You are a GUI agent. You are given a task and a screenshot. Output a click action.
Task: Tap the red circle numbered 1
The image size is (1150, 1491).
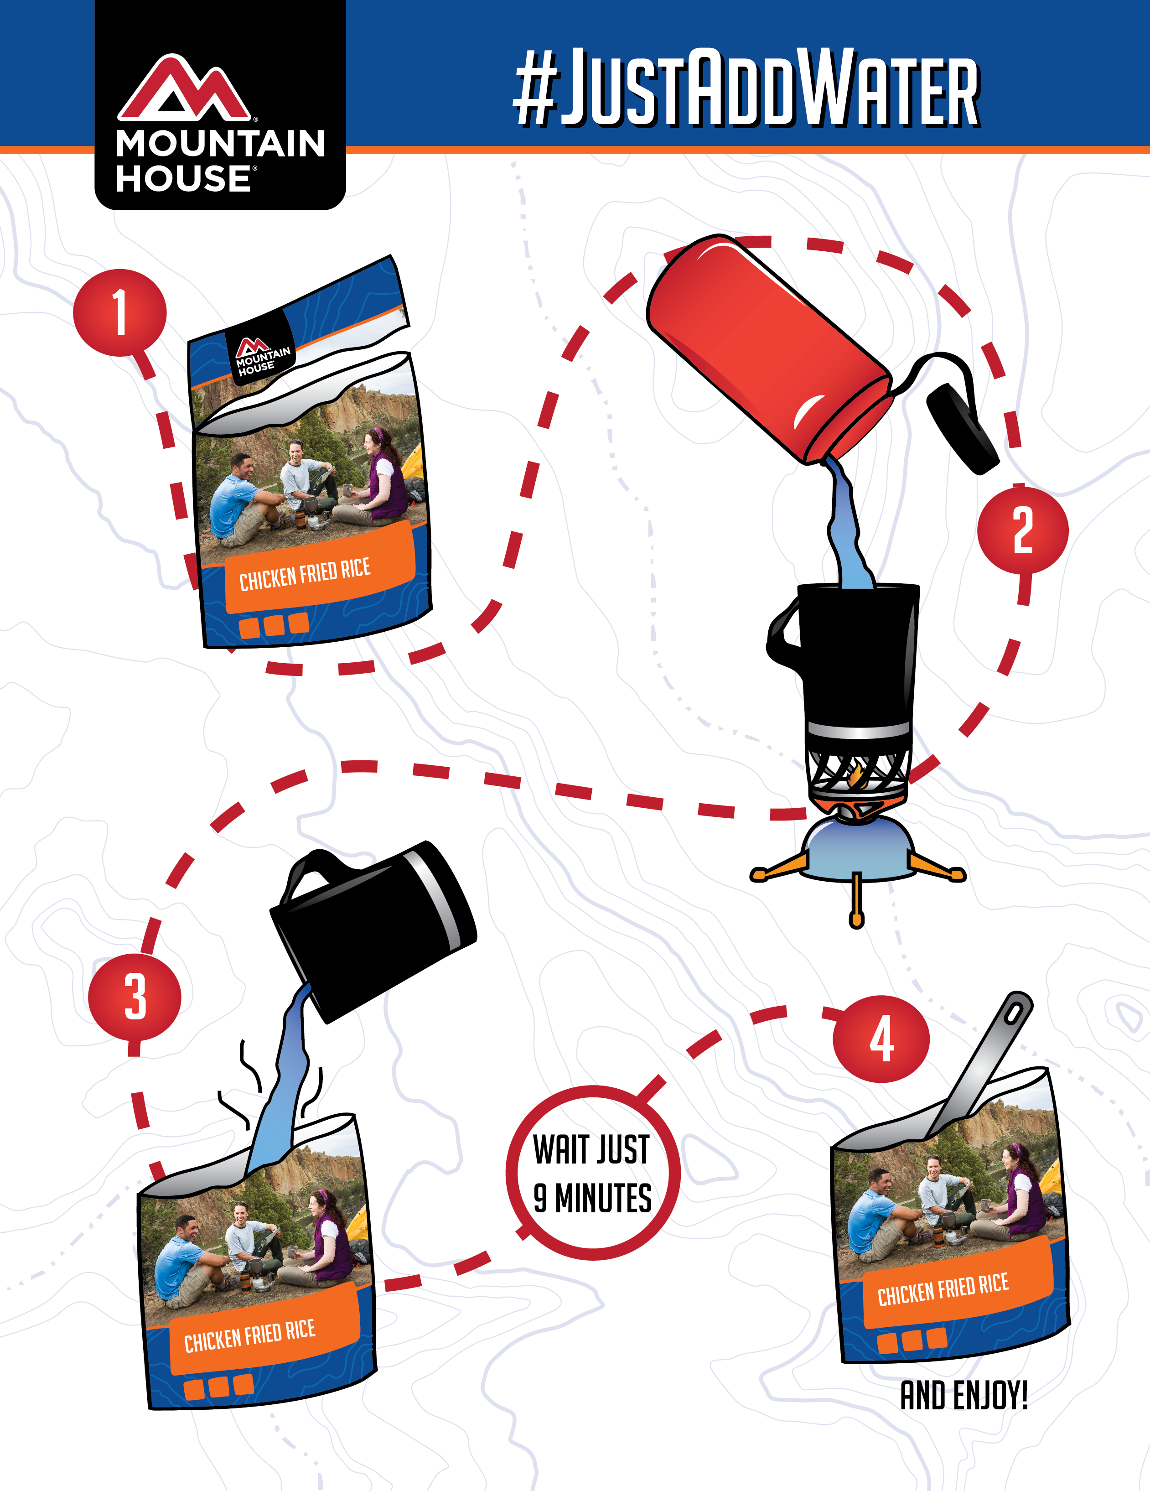pyautogui.click(x=120, y=313)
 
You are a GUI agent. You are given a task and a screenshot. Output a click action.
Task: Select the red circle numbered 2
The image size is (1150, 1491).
pyautogui.click(x=1022, y=530)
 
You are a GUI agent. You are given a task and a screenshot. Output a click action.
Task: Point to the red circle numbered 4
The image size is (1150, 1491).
pyautogui.click(x=881, y=1039)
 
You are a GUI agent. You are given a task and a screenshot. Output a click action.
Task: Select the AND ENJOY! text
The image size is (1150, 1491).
pyautogui.click(x=964, y=1396)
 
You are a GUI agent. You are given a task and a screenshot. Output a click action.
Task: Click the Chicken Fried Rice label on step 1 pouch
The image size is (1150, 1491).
pyautogui.click(x=305, y=574)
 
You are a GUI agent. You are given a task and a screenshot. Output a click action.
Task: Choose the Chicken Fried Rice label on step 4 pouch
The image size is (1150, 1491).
pyautogui.click(x=943, y=1289)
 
